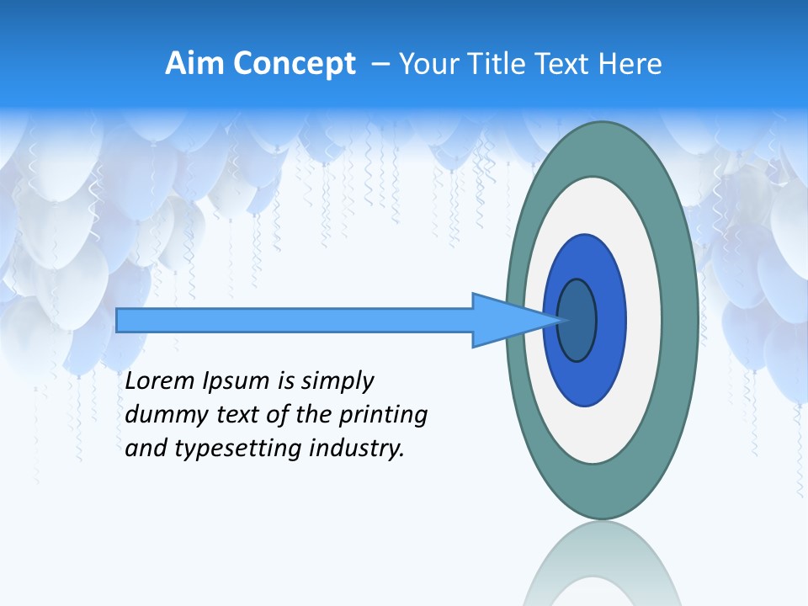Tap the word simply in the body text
tap(336, 382)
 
